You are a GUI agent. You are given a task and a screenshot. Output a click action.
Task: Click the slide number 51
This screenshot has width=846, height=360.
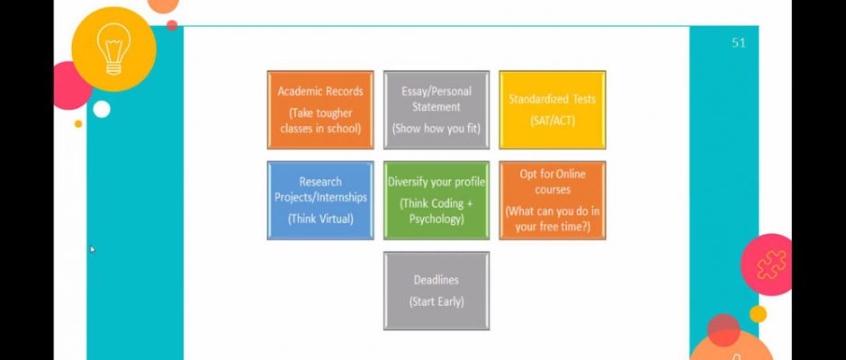click(x=739, y=42)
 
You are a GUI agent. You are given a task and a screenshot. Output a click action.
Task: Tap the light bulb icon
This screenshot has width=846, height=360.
click(x=113, y=49)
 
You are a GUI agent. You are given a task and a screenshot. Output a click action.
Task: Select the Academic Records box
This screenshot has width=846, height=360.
click(x=320, y=110)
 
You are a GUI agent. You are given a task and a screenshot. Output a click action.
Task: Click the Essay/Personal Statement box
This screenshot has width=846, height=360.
click(x=436, y=110)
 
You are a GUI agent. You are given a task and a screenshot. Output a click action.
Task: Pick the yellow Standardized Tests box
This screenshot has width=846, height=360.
click(x=553, y=110)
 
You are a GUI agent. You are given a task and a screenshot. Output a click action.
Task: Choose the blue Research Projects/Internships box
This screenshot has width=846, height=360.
click(x=320, y=200)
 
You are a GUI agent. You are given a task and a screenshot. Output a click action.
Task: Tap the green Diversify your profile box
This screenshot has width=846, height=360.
click(x=436, y=200)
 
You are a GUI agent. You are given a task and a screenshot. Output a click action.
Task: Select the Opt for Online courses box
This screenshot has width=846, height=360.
click(x=553, y=200)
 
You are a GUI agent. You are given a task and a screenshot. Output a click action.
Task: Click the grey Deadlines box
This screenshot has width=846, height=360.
click(x=436, y=291)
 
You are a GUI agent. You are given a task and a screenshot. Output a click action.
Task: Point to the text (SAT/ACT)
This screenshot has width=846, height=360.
click(x=553, y=121)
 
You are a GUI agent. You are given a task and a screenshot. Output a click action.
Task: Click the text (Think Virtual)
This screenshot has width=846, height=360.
click(x=320, y=219)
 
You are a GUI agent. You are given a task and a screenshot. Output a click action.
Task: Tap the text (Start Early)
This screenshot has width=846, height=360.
click(x=436, y=301)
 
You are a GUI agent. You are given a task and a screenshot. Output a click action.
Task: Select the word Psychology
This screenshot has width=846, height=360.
click(x=436, y=219)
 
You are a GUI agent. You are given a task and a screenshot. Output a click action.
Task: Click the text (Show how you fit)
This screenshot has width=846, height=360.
click(x=436, y=129)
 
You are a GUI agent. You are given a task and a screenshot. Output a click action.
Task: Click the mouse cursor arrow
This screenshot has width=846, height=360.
click(x=93, y=248)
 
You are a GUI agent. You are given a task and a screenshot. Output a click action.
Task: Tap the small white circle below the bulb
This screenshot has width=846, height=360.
click(x=102, y=109)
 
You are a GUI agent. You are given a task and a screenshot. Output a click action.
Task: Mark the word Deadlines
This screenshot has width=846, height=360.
click(x=436, y=280)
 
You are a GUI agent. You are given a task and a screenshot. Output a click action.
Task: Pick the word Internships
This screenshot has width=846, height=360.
click(x=341, y=197)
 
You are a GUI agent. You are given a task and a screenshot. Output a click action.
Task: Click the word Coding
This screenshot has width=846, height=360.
click(x=446, y=203)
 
